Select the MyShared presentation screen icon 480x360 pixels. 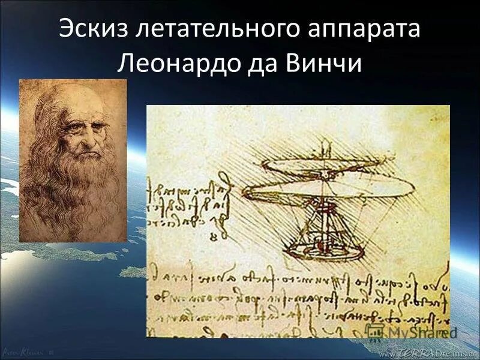click(x=375, y=331)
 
